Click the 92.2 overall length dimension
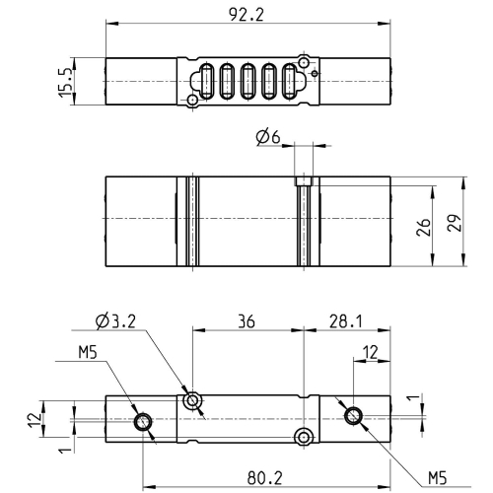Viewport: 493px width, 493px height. [x=246, y=15]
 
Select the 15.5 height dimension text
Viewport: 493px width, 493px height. [x=65, y=83]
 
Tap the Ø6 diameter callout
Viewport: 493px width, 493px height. [x=268, y=137]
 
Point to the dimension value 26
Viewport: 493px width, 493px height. [x=423, y=227]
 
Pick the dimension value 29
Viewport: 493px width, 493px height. [x=455, y=224]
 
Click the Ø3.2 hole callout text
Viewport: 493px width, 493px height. [x=115, y=321]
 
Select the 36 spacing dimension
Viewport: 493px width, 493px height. [x=246, y=321]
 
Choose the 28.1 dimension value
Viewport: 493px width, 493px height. [x=346, y=321]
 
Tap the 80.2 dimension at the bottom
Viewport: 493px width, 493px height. [x=265, y=478]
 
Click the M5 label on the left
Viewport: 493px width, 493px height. [x=88, y=353]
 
